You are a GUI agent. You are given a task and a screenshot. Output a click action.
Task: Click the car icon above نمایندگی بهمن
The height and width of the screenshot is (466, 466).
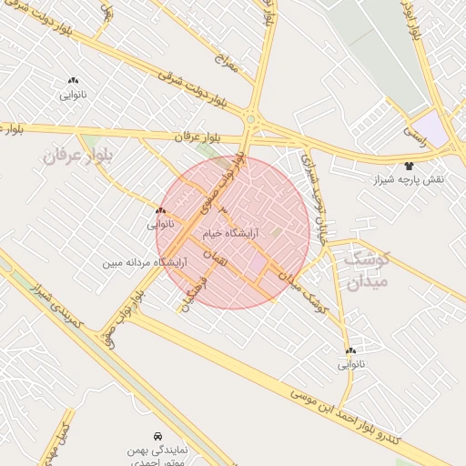coord(158,436)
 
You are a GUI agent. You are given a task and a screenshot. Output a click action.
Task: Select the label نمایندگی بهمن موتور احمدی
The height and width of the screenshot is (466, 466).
coord(157,456)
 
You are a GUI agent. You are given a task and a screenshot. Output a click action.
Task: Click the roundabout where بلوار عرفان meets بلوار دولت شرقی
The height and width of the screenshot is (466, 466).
coord(250,118)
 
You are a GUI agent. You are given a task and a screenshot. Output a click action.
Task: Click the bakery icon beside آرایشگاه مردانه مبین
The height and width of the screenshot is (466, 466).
coord(160,210)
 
